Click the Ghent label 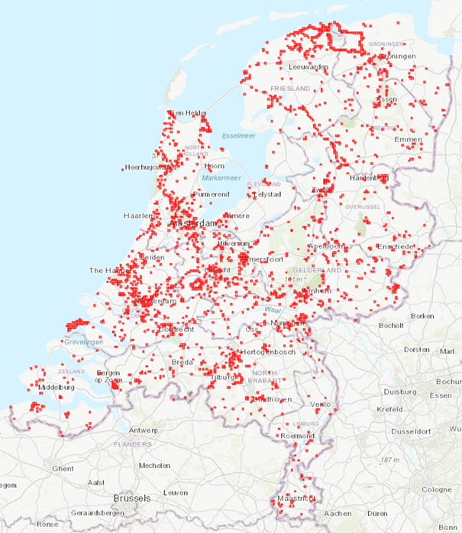63,468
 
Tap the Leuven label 175,492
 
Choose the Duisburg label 399,391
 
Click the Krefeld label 389,410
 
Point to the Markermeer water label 221,178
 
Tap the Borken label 422,315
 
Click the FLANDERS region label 133,444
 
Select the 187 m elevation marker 391,460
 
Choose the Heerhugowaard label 149,167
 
